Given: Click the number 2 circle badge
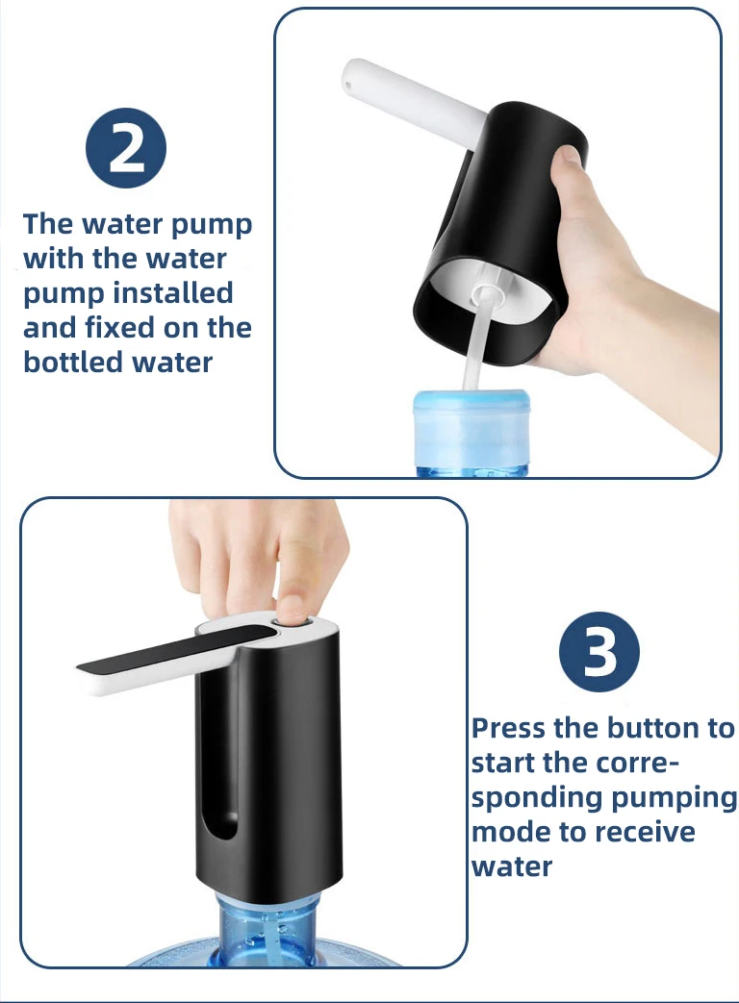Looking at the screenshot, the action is [x=126, y=148].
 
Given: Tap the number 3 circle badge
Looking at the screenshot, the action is [x=599, y=651].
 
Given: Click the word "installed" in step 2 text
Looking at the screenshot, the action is [x=173, y=293].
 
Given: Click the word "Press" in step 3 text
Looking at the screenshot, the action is [x=509, y=728].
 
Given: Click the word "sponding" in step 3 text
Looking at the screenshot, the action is [x=536, y=798].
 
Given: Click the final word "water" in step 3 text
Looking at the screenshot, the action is [x=512, y=866].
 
